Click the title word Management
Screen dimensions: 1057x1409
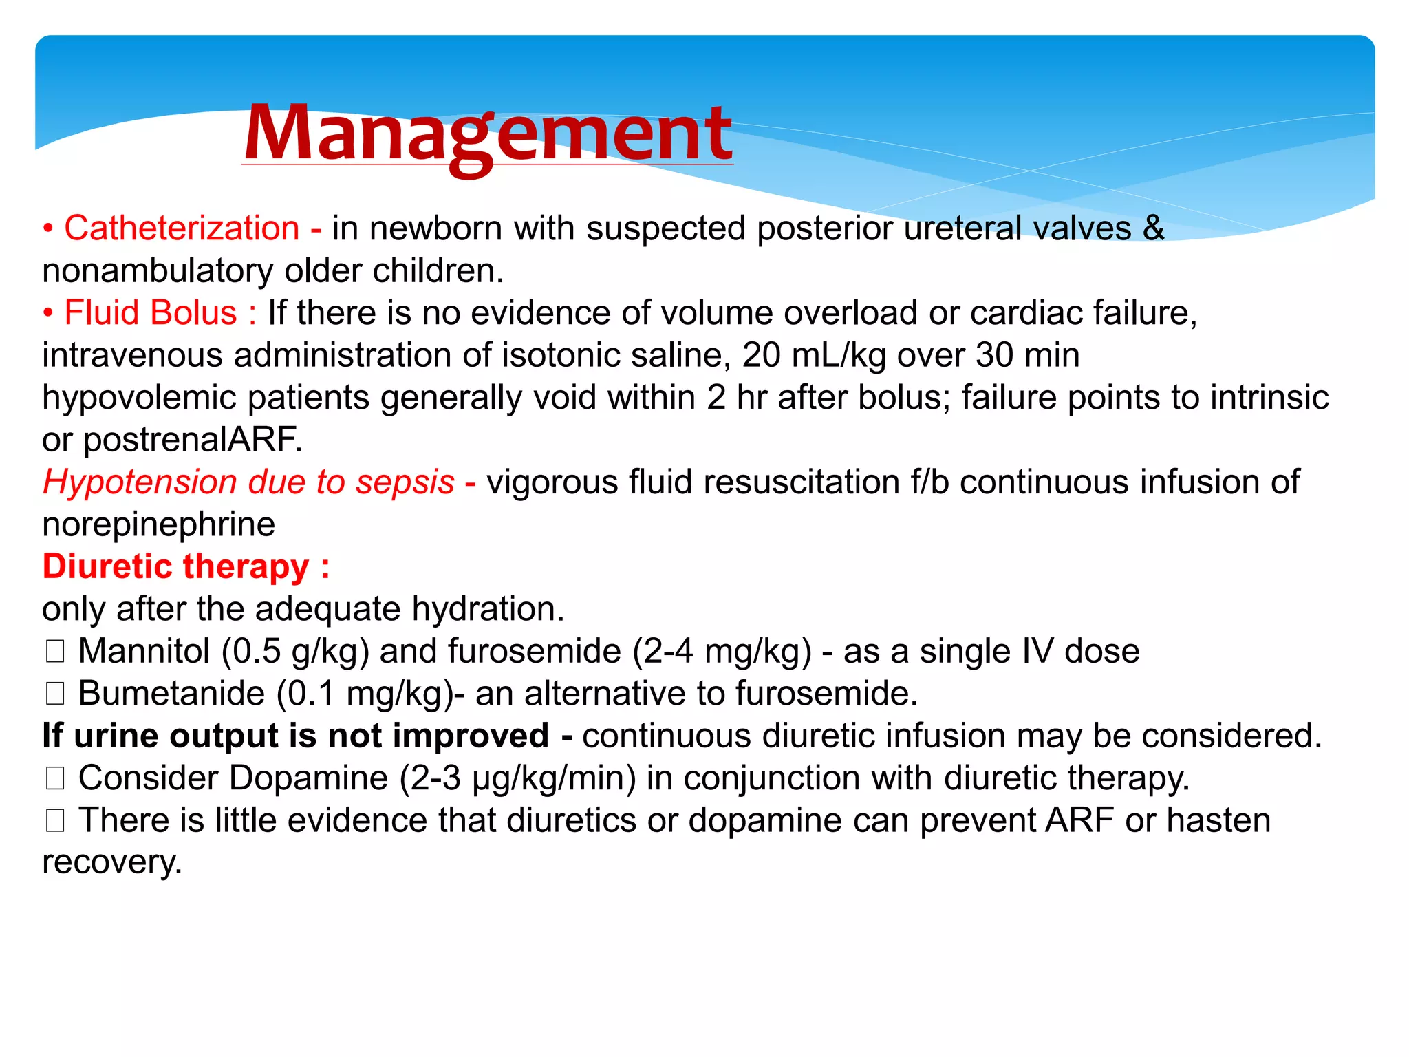coord(487,134)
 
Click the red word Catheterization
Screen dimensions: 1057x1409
coord(182,228)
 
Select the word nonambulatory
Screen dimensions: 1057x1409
coord(157,271)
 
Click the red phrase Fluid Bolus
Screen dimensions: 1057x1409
coord(150,313)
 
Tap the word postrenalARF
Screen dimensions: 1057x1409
coord(193,440)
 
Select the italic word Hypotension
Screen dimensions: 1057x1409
coord(140,482)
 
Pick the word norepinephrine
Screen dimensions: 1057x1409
coord(158,525)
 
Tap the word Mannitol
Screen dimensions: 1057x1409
coord(144,652)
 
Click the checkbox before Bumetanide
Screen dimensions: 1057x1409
coord(55,694)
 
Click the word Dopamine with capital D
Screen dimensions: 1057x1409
coord(309,778)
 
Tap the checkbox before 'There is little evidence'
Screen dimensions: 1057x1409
coord(55,820)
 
